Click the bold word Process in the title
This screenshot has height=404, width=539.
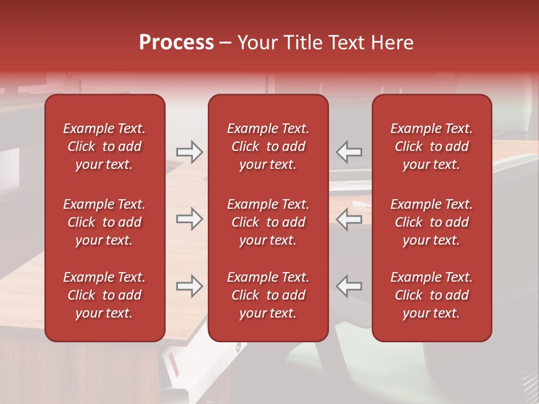click(176, 43)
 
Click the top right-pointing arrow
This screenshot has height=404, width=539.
click(189, 151)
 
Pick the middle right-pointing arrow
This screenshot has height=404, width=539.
click(189, 219)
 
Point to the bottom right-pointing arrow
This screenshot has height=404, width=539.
click(189, 286)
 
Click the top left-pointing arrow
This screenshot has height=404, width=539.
click(349, 151)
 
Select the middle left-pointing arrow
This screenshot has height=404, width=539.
click(349, 219)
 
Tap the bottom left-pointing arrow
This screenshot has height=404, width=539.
click(349, 286)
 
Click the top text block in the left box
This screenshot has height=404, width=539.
click(104, 146)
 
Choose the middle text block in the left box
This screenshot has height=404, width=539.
click(104, 222)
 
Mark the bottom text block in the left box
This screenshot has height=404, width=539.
click(104, 295)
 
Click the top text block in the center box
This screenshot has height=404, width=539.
click(268, 146)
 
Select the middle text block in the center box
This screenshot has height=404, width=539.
click(268, 222)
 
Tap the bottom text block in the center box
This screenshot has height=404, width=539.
click(268, 295)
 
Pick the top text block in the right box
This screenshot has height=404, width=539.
click(431, 146)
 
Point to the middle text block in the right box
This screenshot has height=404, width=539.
click(431, 222)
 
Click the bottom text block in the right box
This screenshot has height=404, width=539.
click(431, 295)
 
